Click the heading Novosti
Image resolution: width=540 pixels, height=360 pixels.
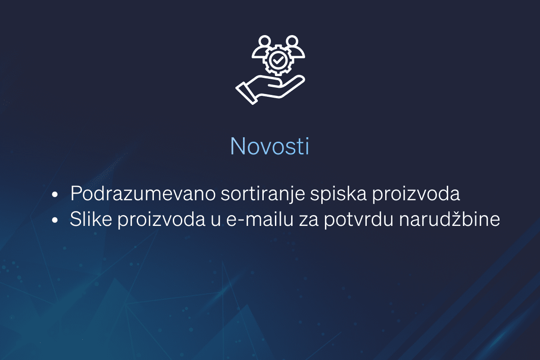[270, 145]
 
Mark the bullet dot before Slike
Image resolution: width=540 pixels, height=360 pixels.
[55, 221]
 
